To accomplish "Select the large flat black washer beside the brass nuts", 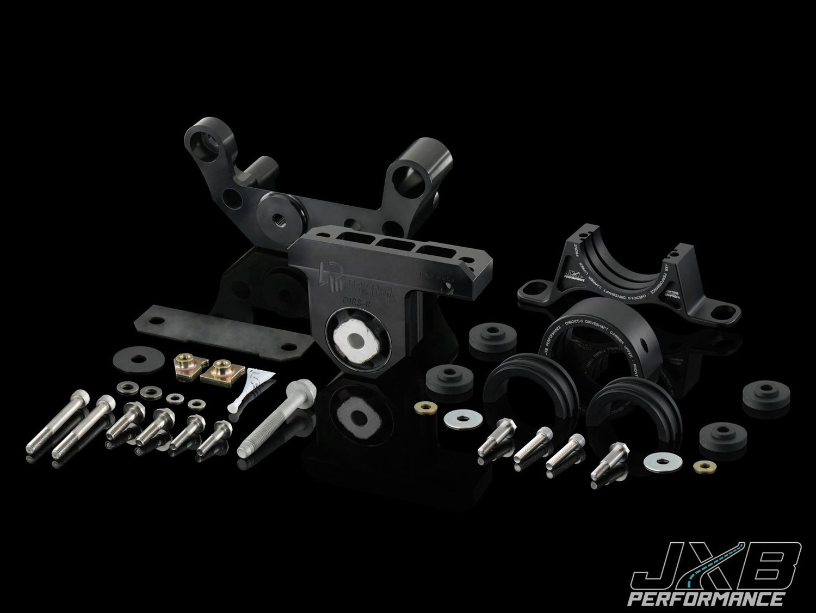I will (131, 360).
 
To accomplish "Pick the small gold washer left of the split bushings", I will (424, 408).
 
